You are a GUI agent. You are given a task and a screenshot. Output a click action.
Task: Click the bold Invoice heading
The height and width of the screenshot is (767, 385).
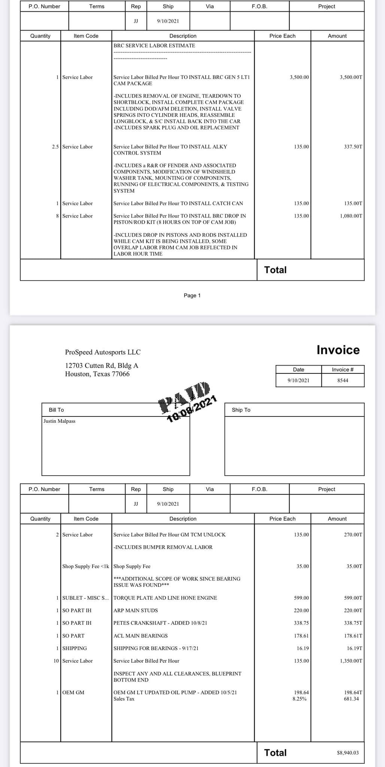tap(338, 350)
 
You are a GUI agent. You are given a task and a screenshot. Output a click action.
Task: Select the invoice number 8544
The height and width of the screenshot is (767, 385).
tap(343, 380)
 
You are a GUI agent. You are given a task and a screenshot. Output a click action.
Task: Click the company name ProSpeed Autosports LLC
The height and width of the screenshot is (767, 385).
tap(103, 352)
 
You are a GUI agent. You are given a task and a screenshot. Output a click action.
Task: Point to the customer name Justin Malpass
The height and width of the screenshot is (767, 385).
tap(59, 421)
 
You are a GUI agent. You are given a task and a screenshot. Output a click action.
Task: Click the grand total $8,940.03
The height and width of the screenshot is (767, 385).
tap(348, 752)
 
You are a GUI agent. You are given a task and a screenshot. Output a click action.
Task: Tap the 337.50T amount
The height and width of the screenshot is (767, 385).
tap(353, 146)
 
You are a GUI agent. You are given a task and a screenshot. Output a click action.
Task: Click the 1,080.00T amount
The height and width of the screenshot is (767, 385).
tap(351, 216)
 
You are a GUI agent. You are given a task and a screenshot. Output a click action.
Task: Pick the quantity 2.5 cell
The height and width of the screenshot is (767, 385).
tap(55, 146)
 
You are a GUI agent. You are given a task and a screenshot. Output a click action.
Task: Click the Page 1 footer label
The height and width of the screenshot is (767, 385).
tap(192, 295)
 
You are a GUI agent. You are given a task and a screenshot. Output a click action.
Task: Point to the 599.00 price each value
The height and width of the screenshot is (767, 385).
tap(301, 598)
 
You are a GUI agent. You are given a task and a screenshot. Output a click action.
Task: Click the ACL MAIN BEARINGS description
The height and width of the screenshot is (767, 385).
tap(140, 636)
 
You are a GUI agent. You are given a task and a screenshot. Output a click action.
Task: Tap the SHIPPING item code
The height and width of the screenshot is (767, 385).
tap(75, 648)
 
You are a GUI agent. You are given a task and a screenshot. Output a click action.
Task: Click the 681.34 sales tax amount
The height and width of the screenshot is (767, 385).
tap(351, 698)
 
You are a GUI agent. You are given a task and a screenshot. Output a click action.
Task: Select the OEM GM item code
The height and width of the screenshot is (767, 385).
tap(73, 692)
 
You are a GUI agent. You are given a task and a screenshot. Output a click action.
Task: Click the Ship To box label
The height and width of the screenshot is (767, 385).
tap(241, 410)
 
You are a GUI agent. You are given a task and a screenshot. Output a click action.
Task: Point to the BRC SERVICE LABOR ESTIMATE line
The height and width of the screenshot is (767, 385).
tap(154, 45)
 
